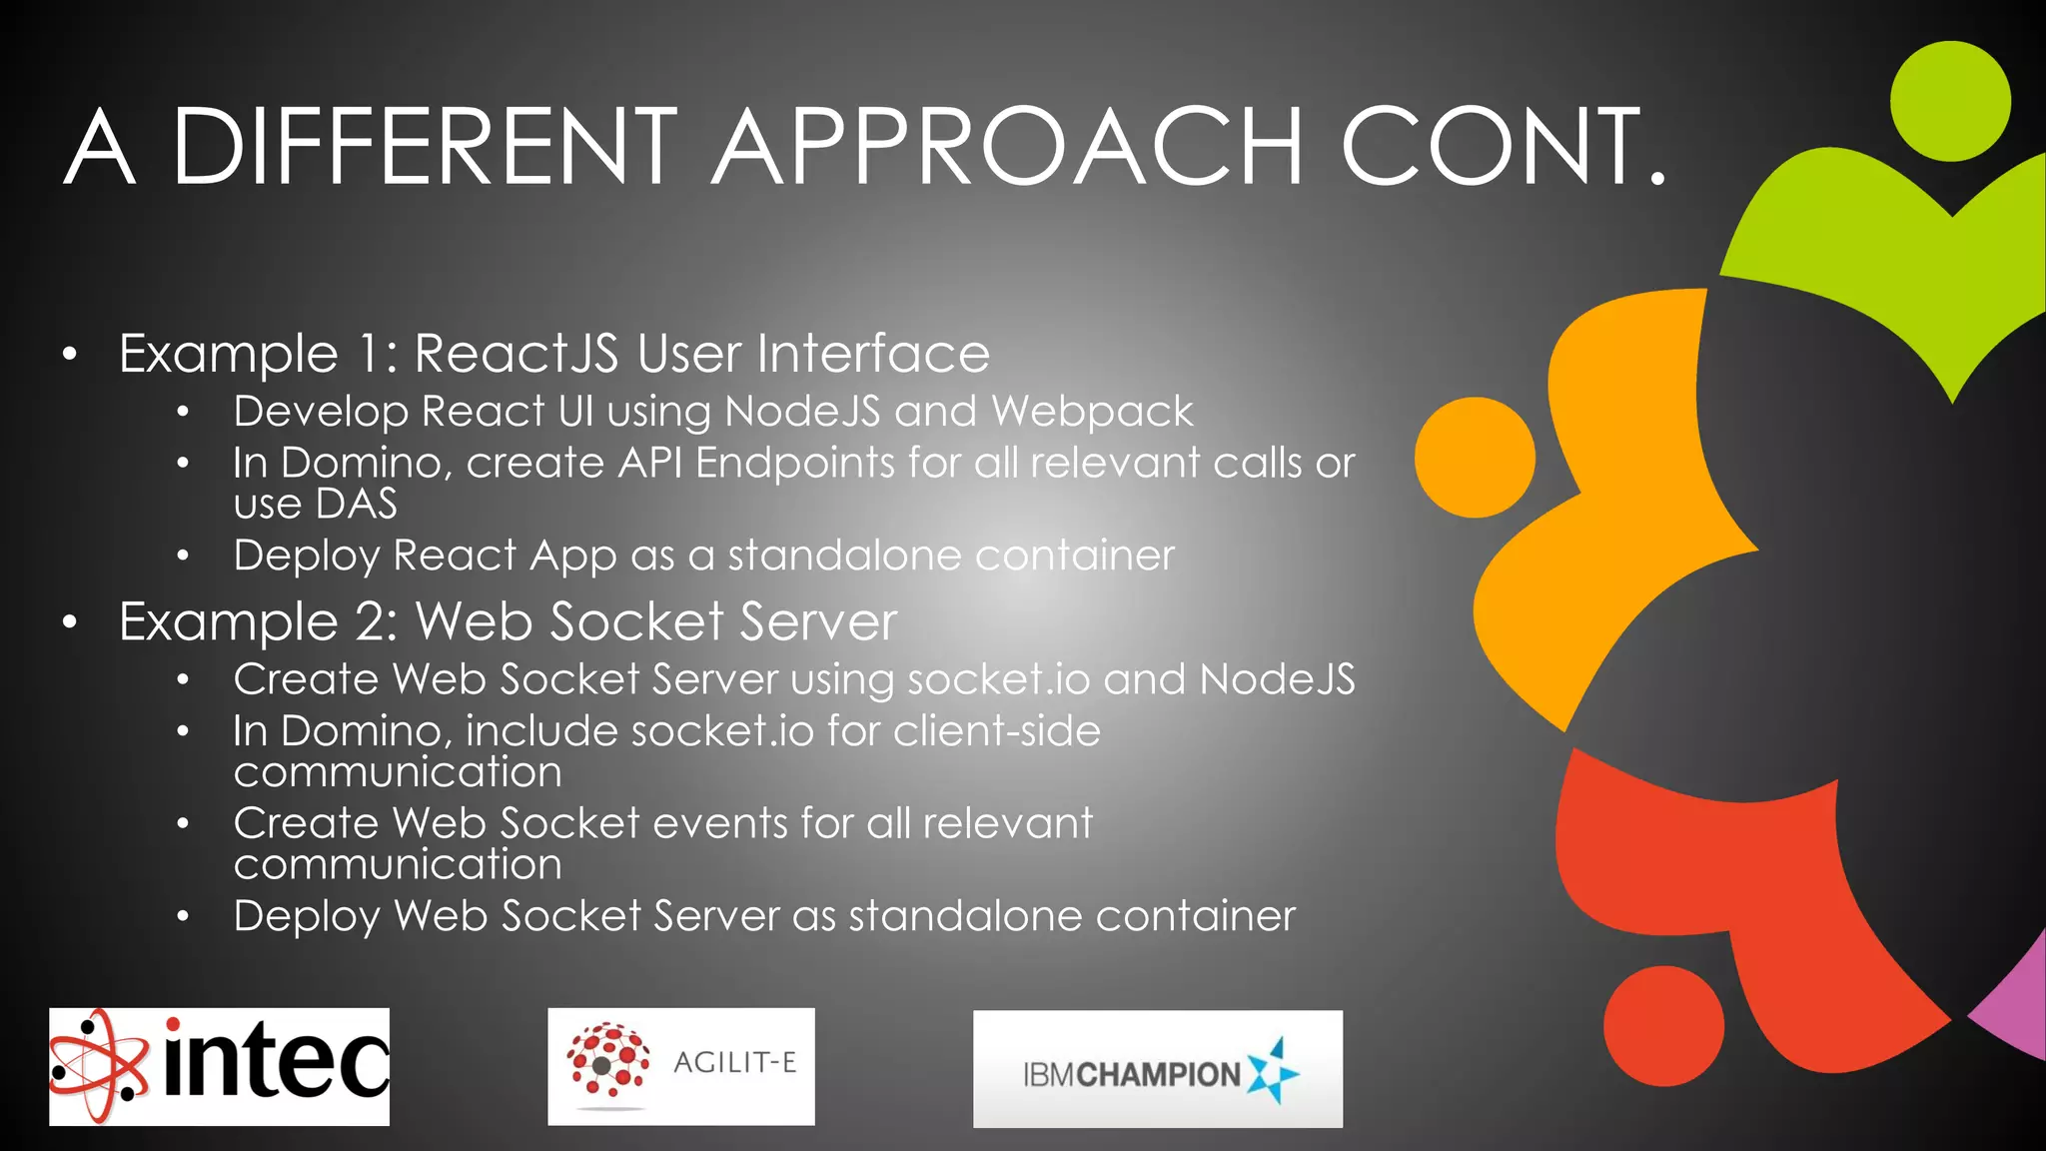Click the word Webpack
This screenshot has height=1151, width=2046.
[1092, 412]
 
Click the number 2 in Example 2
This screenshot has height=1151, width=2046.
[375, 621]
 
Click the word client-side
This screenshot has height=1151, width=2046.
[996, 730]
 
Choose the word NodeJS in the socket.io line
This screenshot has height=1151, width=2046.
[1277, 679]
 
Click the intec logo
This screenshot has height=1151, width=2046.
[219, 1066]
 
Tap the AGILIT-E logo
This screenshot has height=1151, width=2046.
[680, 1066]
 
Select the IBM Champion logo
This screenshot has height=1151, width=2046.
[1157, 1068]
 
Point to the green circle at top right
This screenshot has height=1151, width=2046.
[1950, 101]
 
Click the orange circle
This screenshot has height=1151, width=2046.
[1475, 458]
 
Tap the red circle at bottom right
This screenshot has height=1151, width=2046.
[1663, 1025]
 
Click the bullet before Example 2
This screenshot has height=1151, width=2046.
[69, 622]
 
